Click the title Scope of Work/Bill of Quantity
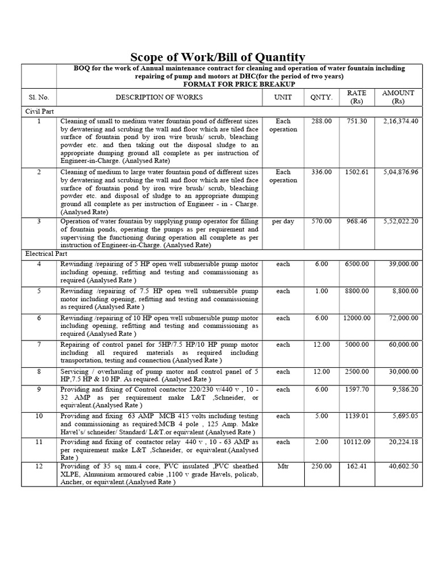(218, 57)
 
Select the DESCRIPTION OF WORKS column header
(159, 97)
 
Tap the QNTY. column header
(321, 97)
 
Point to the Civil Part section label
(39, 111)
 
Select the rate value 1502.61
(357, 172)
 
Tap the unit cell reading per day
(283, 221)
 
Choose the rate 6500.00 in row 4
(357, 264)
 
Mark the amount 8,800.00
(405, 291)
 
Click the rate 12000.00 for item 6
(357, 318)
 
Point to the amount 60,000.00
(403, 344)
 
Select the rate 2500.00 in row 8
(357, 371)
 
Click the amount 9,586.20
(405, 389)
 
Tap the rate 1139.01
(357, 416)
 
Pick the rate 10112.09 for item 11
(357, 442)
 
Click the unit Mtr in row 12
(283, 466)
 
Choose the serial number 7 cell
(39, 344)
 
